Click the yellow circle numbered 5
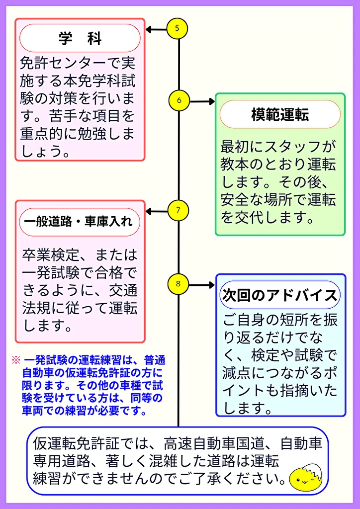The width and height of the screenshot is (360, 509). coord(178,29)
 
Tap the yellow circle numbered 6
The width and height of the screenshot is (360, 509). coord(179,101)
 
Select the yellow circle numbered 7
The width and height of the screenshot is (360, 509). coord(178,211)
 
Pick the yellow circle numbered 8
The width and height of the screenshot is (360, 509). coord(178,285)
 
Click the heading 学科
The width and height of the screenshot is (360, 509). coord(80,39)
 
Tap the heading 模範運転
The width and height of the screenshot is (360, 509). coord(280,115)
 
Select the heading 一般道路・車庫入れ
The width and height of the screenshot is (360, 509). coord(80,221)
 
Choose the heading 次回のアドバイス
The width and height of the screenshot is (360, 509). coord(280,295)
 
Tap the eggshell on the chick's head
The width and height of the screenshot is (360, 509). coord(311,467)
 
